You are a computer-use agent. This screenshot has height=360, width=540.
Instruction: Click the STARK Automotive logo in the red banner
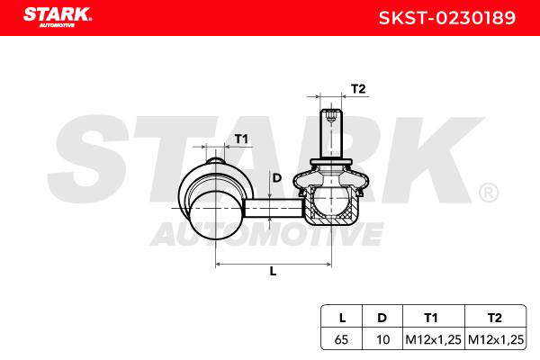[x=58, y=16]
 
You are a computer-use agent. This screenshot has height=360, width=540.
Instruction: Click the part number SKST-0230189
[x=446, y=18]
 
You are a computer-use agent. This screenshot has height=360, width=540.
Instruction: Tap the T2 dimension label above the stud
[x=358, y=89]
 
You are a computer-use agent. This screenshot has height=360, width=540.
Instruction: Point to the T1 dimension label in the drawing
[x=241, y=139]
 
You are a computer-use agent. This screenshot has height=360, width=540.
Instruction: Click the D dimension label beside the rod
[x=277, y=178]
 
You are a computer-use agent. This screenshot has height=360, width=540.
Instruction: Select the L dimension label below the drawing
[x=273, y=271]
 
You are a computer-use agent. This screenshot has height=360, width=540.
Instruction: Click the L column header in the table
[x=342, y=318]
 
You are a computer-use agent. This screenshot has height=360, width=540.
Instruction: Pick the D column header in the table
[x=382, y=318]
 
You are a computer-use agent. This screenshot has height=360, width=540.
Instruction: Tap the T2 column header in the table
[x=495, y=318]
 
